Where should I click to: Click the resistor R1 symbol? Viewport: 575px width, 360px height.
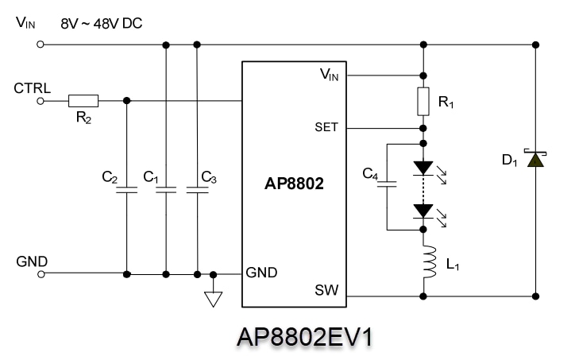(x=423, y=102)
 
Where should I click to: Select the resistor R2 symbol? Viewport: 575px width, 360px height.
(x=83, y=101)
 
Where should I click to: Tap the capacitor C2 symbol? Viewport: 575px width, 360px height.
(x=127, y=190)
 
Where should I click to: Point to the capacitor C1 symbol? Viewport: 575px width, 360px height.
(x=165, y=190)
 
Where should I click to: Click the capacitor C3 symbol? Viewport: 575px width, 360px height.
(x=197, y=190)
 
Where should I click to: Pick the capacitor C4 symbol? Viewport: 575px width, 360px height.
(x=387, y=186)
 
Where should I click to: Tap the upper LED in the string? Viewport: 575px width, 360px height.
(x=423, y=168)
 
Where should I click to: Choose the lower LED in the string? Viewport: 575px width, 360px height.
(x=423, y=211)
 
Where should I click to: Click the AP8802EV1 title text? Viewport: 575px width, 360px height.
(x=304, y=337)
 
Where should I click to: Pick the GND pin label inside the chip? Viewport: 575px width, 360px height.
(x=261, y=273)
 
